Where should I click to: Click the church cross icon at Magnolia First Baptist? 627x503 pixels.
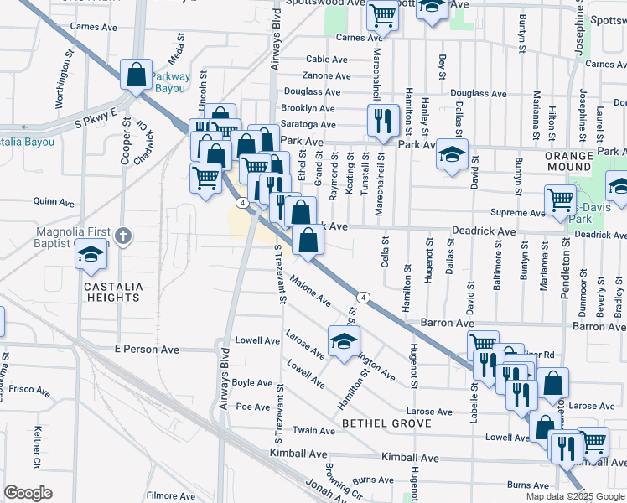click(x=123, y=236)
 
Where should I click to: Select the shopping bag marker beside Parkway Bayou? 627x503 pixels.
click(x=135, y=75)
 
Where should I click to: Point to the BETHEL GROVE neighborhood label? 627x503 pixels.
click(x=387, y=423)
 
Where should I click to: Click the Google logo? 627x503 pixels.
click(x=28, y=493)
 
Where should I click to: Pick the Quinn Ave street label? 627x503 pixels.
click(x=54, y=202)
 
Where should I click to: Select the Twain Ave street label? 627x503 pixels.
click(x=314, y=430)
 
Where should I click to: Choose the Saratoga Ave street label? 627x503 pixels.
click(x=308, y=124)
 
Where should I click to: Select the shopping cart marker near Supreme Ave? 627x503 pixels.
click(x=560, y=200)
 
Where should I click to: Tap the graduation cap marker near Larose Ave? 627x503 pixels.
click(x=344, y=342)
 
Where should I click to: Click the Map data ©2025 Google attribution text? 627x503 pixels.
click(x=574, y=495)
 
